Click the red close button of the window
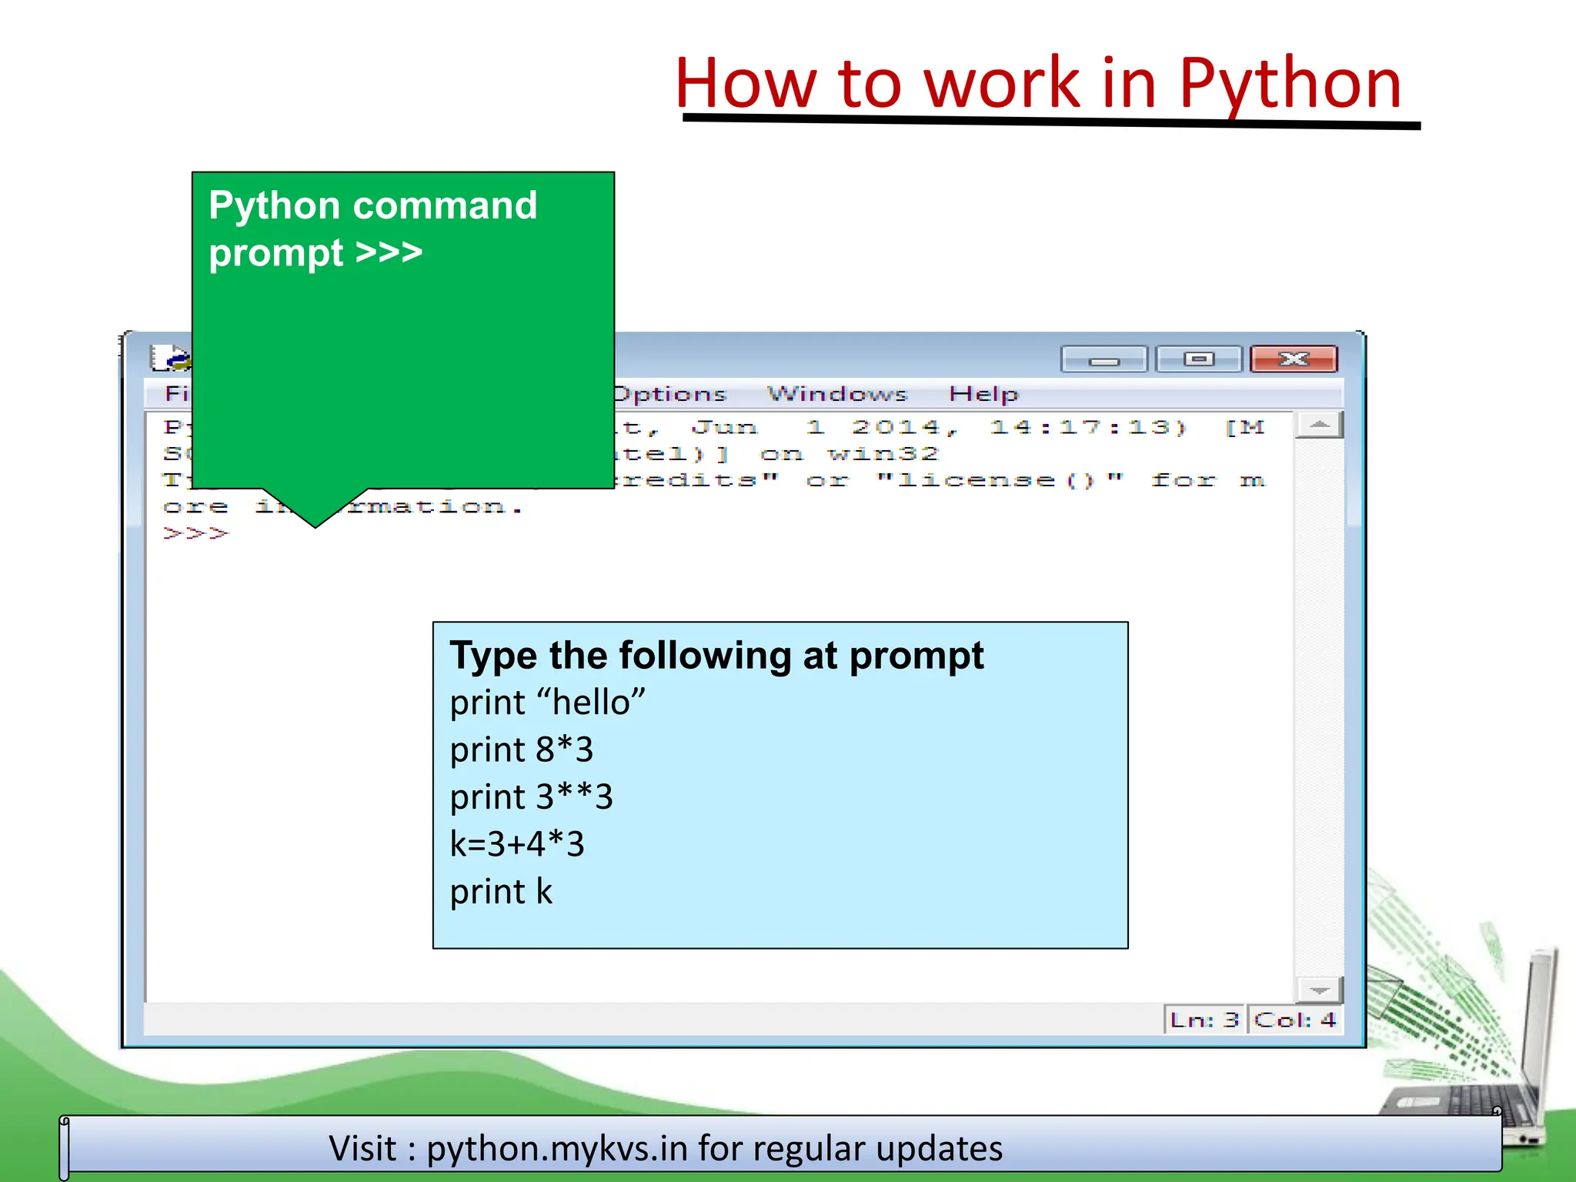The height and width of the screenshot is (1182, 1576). [x=1294, y=359]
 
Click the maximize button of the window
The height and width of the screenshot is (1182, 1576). [x=1198, y=359]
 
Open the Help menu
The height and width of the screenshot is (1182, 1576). [x=983, y=394]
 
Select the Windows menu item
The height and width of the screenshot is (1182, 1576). [x=837, y=394]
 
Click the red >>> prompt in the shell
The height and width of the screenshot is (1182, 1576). [x=195, y=533]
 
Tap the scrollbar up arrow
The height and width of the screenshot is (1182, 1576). [x=1319, y=425]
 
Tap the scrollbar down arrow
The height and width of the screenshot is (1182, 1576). [x=1319, y=990]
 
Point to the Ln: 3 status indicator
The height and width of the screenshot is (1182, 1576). [x=1204, y=1020]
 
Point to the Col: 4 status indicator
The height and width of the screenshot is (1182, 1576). [x=1294, y=1020]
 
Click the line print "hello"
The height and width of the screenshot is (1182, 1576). [x=547, y=703]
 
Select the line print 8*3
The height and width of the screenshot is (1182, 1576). [x=521, y=750]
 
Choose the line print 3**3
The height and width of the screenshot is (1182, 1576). [x=531, y=797]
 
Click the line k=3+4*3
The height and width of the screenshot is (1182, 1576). [x=517, y=844]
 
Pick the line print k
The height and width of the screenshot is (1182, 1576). [x=501, y=892]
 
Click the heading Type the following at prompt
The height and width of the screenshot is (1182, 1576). [x=716, y=656]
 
